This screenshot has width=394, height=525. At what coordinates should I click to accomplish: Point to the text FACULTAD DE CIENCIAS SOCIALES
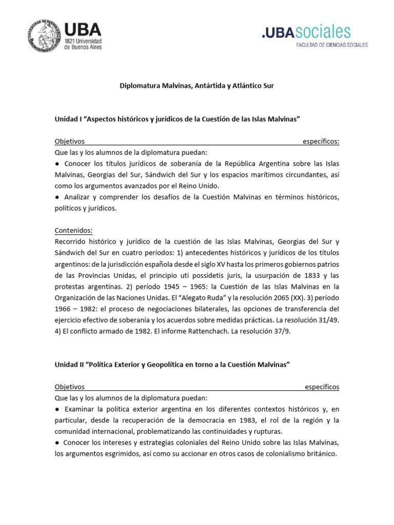[332, 45]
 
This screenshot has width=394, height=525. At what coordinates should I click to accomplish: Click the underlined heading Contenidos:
[73, 231]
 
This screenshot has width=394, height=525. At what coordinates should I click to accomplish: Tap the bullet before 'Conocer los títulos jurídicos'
[57, 164]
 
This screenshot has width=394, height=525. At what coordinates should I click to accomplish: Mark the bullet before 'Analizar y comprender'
[57, 197]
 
